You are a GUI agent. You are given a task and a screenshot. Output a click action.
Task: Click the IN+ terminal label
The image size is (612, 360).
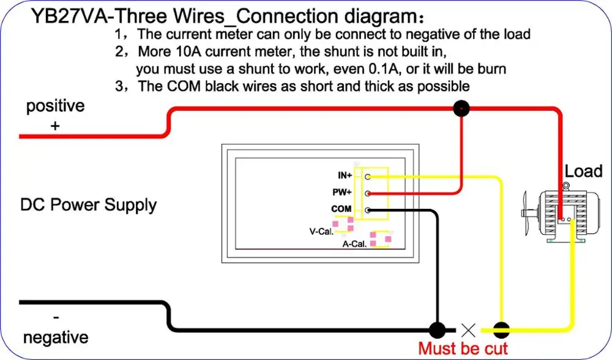click(x=345, y=175)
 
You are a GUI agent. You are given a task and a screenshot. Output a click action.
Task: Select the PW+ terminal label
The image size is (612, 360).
click(x=342, y=192)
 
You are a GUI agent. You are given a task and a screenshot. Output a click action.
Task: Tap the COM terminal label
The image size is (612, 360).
click(x=341, y=209)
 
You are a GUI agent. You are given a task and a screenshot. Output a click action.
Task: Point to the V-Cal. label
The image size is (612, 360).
click(x=321, y=231)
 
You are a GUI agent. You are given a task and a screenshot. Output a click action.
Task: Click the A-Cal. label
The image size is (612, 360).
click(x=354, y=244)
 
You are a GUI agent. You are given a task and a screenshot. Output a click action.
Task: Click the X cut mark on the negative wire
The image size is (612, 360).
click(x=468, y=331)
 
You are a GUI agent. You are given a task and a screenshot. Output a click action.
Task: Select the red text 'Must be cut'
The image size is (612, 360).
click(x=463, y=348)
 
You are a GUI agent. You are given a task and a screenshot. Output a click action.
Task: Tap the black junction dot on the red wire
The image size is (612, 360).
click(x=461, y=108)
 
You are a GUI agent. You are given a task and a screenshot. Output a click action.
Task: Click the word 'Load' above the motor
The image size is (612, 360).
click(x=583, y=171)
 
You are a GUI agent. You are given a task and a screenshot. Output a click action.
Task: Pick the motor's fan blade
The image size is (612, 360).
click(x=525, y=213)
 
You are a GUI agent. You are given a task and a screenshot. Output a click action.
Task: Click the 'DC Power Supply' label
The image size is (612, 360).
click(x=88, y=205)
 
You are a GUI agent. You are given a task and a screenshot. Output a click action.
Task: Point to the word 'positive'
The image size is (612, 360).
click(x=56, y=106)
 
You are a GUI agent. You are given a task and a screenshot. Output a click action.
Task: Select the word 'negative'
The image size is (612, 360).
click(x=56, y=337)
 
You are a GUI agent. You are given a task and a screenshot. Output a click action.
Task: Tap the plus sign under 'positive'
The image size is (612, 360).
click(x=55, y=126)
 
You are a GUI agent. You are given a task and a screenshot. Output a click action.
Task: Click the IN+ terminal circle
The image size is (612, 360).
click(x=368, y=177)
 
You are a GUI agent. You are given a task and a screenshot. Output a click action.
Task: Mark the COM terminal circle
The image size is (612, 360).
click(x=368, y=211)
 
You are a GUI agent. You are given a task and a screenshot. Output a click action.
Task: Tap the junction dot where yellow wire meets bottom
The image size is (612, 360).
click(x=502, y=331)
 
